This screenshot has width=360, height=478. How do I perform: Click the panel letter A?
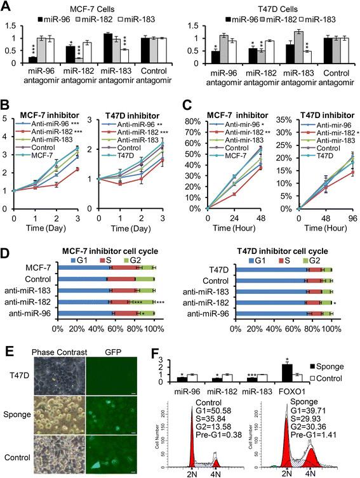6,7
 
